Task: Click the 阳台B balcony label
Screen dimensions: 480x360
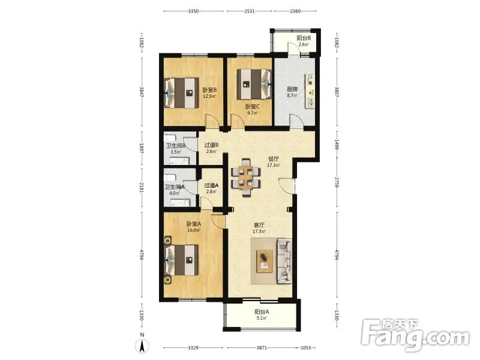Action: click(x=304, y=38)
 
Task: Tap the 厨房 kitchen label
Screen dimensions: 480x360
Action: click(x=292, y=89)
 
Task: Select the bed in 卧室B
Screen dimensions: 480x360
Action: click(x=181, y=93)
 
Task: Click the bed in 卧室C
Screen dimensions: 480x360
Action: click(x=254, y=83)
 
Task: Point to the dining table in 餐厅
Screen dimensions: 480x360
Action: click(x=246, y=178)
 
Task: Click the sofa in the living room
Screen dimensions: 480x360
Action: click(x=284, y=261)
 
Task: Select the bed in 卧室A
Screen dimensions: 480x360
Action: click(x=181, y=260)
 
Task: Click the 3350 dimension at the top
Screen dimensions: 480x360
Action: click(x=193, y=11)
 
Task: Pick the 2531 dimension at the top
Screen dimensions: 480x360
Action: click(x=249, y=11)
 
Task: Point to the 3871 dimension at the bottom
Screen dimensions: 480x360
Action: click(x=262, y=347)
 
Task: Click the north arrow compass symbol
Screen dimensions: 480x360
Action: click(x=142, y=344)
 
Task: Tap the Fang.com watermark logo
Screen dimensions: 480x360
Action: click(x=415, y=335)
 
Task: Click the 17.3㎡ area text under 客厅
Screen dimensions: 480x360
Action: click(x=259, y=232)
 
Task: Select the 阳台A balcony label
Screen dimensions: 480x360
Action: click(x=262, y=312)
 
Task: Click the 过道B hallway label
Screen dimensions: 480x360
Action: click(x=211, y=145)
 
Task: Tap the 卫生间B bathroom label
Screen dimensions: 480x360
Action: click(x=176, y=146)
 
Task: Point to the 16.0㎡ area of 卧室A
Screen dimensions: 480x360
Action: click(x=194, y=230)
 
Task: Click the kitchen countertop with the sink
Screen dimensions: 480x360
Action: click(x=310, y=91)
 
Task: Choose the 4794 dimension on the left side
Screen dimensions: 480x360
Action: click(x=142, y=255)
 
